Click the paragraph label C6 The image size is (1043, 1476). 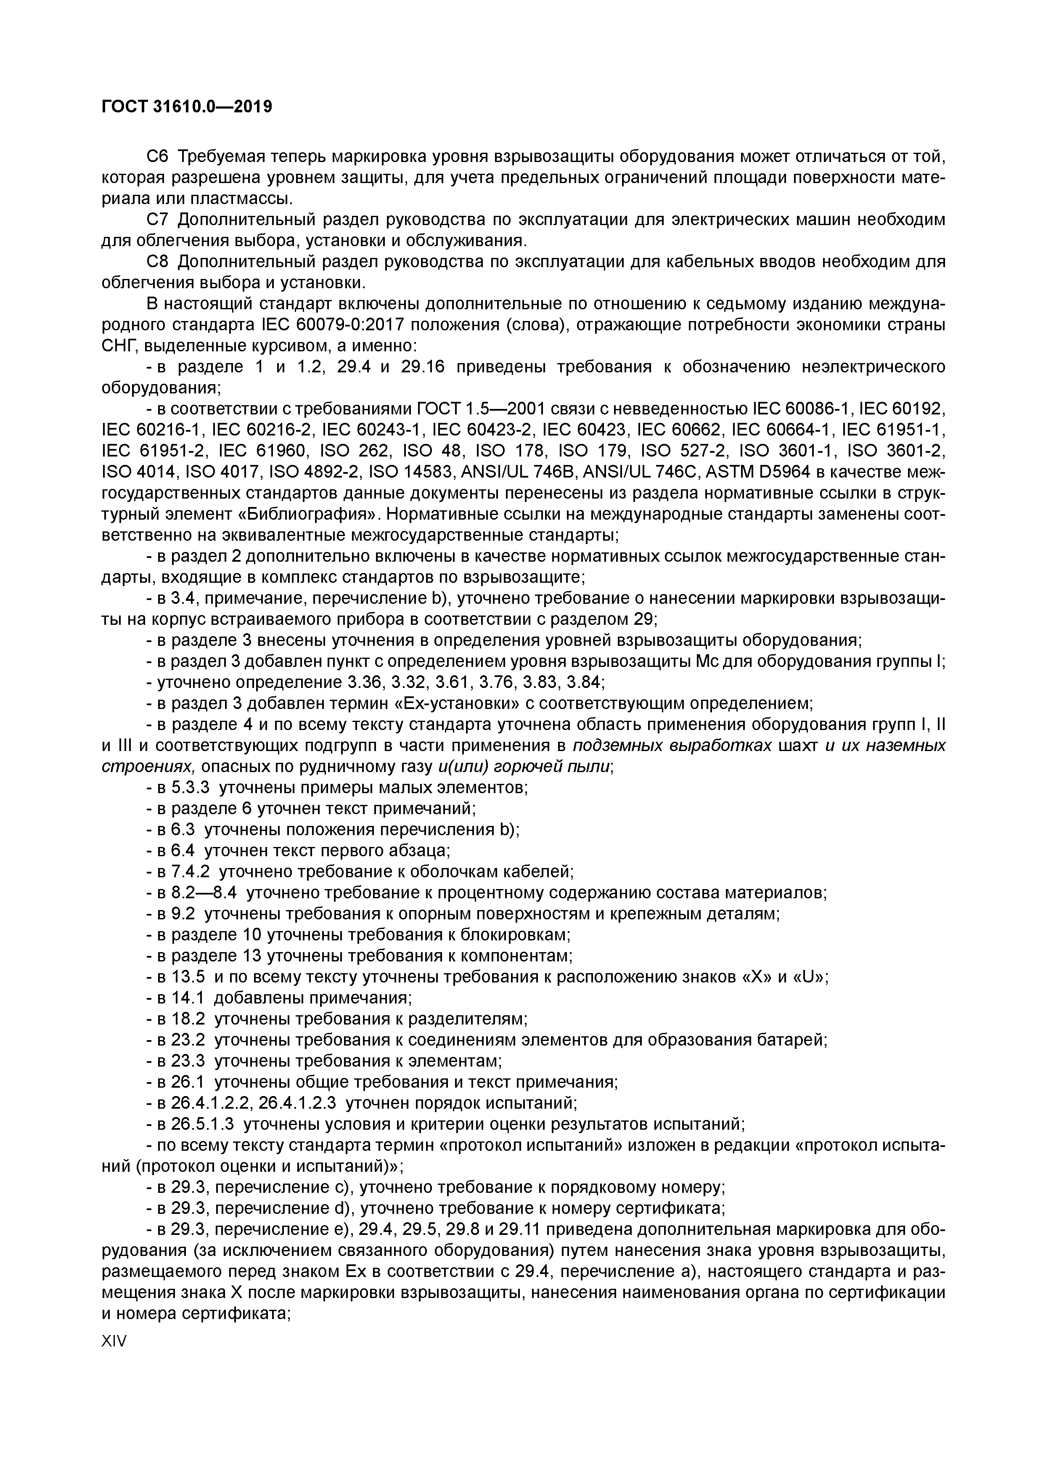(x=157, y=156)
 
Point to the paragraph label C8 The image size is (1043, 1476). (x=157, y=262)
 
